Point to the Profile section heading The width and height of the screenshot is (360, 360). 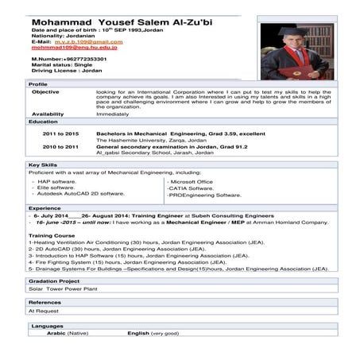tap(38, 83)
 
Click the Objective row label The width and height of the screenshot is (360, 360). tap(45, 91)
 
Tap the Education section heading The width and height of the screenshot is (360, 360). tap(43, 122)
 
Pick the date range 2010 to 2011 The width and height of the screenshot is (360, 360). tap(60, 147)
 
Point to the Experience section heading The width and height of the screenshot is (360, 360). tap(45, 208)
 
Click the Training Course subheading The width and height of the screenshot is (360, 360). tap(52, 236)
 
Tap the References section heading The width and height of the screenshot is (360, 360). tap(45, 303)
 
